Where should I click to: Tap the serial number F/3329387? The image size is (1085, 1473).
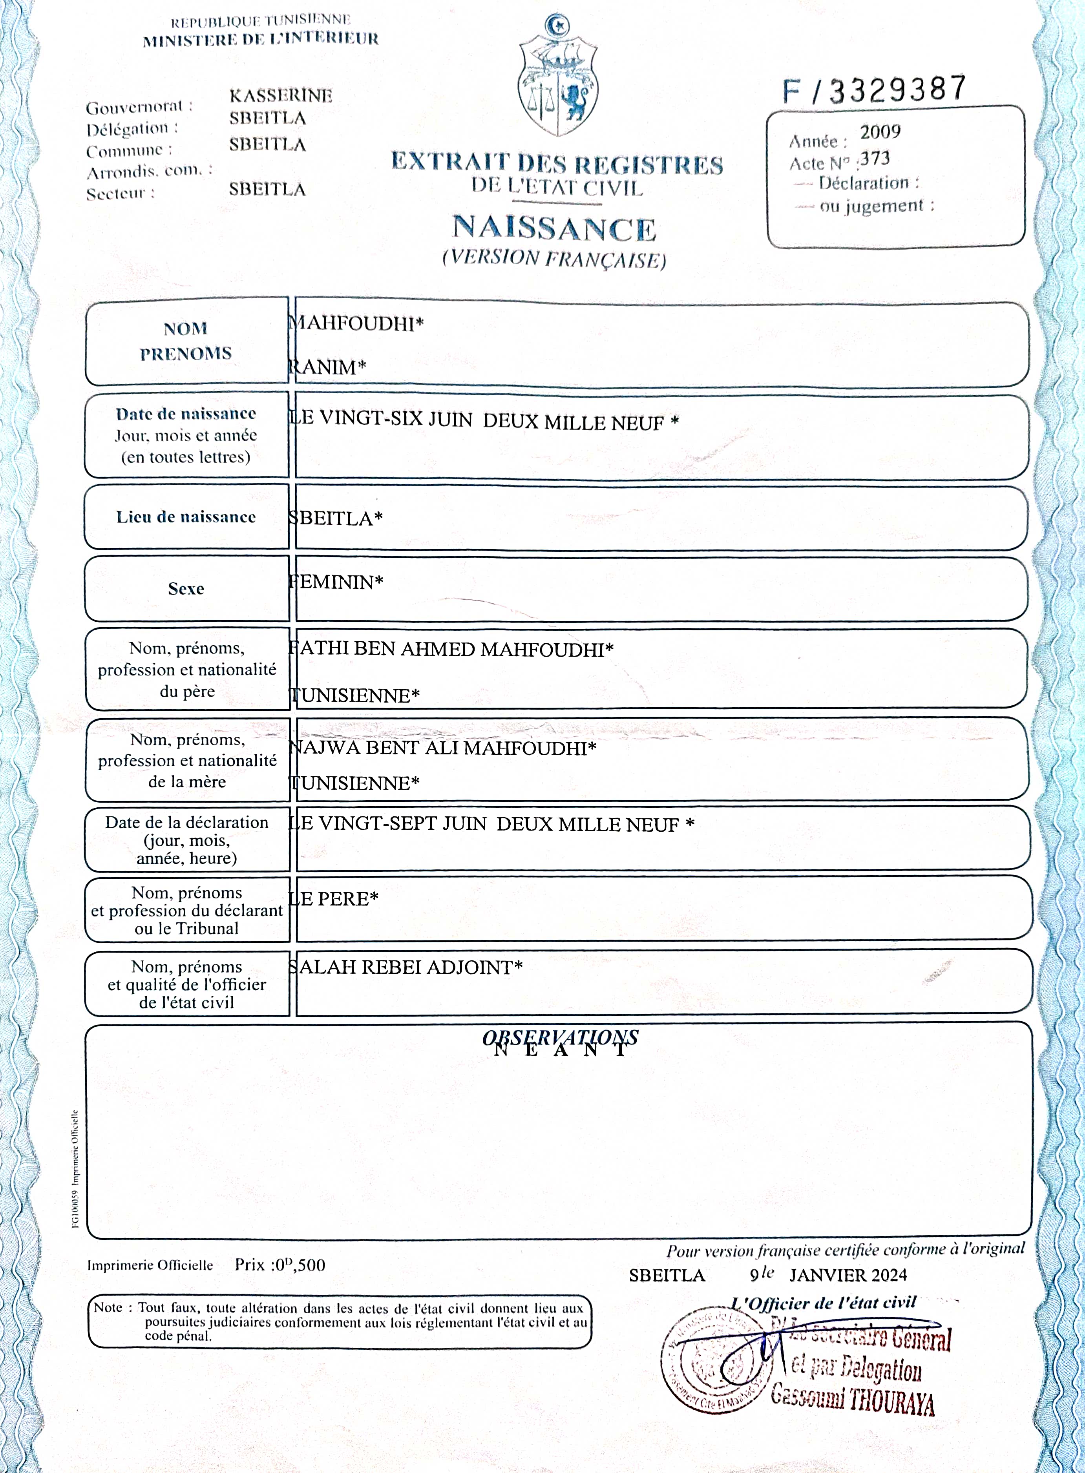tap(873, 90)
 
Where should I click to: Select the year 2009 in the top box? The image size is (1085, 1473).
tap(880, 132)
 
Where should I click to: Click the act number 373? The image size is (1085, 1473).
tap(875, 159)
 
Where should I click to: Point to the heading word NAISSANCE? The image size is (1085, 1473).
tap(553, 228)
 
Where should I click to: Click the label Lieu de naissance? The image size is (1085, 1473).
tap(186, 517)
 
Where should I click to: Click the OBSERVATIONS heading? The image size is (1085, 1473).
tap(560, 1038)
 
